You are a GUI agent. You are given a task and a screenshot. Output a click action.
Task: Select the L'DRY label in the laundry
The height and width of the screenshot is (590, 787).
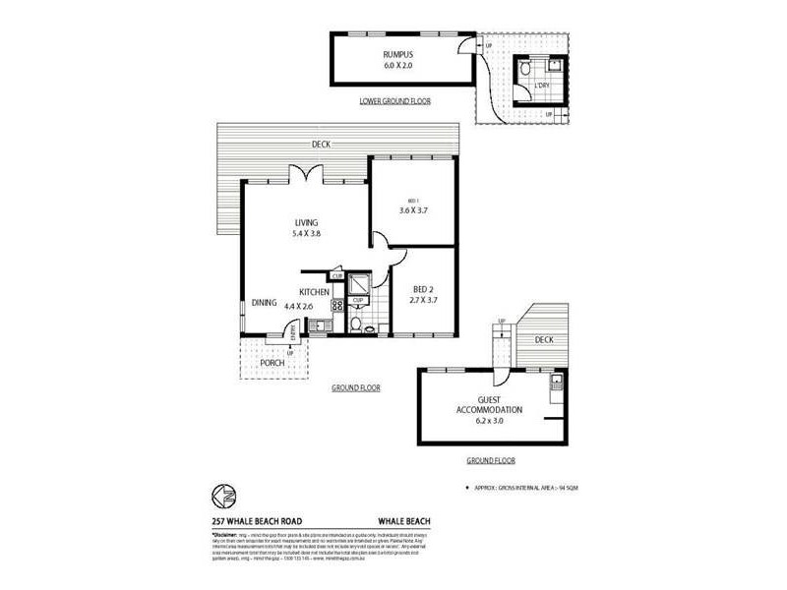pyautogui.click(x=540, y=87)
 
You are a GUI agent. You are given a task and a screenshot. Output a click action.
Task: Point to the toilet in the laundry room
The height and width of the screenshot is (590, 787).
pyautogui.click(x=526, y=70)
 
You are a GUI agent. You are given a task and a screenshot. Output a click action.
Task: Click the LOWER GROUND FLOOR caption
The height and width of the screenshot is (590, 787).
pyautogui.click(x=393, y=101)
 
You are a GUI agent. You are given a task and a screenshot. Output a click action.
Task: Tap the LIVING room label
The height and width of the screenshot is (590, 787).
pyautogui.click(x=307, y=223)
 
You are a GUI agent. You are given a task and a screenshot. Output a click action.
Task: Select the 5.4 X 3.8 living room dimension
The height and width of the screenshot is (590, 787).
pyautogui.click(x=307, y=235)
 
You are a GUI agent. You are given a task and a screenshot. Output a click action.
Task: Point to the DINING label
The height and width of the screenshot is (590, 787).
pyautogui.click(x=263, y=303)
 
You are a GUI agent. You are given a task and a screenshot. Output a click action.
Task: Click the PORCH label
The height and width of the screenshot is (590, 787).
pyautogui.click(x=272, y=363)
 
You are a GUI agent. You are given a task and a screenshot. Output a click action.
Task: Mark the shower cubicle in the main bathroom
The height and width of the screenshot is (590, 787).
pyautogui.click(x=360, y=285)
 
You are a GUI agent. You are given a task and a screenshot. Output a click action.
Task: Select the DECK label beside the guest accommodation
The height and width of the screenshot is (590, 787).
pyautogui.click(x=544, y=339)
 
